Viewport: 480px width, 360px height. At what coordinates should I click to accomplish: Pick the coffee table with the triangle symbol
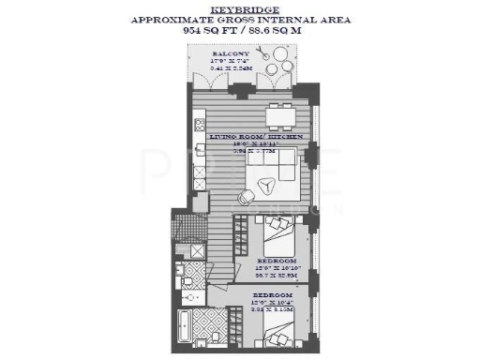tap(264, 185)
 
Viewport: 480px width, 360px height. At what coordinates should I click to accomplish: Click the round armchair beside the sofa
tap(247, 196)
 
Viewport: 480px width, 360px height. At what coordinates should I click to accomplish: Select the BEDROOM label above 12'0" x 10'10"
tap(278, 259)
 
